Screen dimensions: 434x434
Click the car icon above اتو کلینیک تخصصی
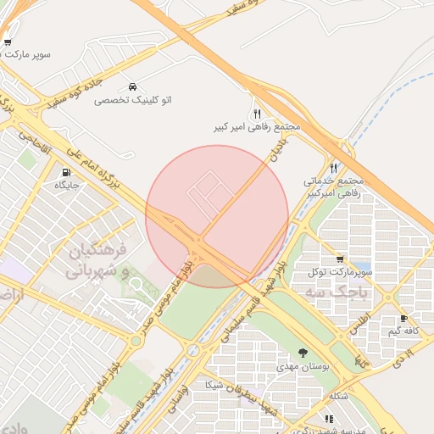(x=133, y=86)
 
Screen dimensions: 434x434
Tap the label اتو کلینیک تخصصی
(x=132, y=100)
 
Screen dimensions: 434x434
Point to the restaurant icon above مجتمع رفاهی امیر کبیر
(x=257, y=113)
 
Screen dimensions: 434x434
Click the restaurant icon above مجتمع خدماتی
(x=333, y=168)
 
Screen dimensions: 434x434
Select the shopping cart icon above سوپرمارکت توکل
(x=340, y=259)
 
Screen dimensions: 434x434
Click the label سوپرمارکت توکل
(x=341, y=272)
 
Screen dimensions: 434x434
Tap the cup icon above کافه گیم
(x=403, y=319)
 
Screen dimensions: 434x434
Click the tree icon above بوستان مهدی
(x=303, y=353)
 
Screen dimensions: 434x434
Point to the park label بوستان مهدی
(x=303, y=366)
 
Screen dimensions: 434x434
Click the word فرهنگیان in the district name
(x=96, y=252)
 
